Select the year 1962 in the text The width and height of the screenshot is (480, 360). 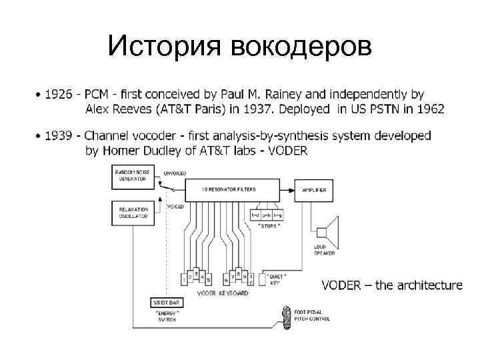[431, 109]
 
